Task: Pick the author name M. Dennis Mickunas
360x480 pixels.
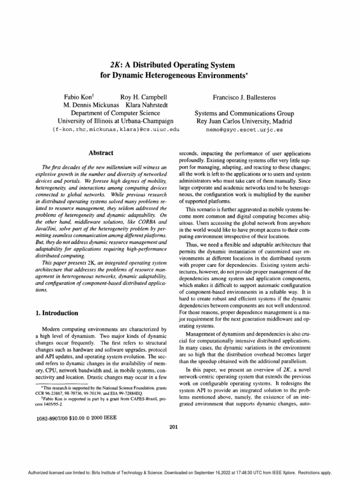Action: tap(93, 105)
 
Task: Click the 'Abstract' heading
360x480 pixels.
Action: tap(102, 153)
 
